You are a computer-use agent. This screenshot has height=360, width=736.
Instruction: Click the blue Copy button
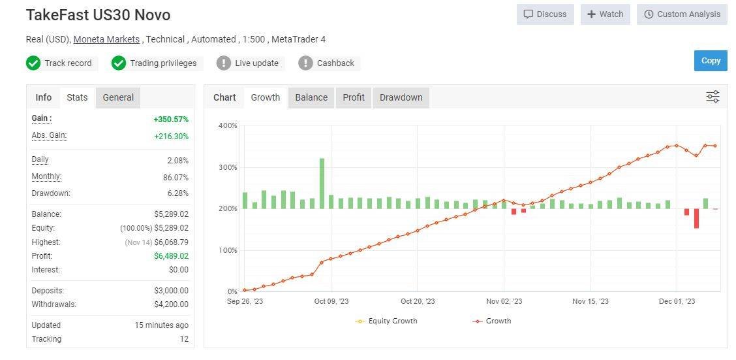711,61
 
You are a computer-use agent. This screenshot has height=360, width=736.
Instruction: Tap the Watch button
605,14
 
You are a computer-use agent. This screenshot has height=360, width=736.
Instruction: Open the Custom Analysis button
682,14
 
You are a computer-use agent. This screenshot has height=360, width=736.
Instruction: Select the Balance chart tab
311,97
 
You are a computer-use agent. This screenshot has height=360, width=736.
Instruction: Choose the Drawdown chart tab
401,97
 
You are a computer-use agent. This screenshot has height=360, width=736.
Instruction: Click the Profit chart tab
354,97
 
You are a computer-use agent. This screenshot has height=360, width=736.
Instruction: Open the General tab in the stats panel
118,97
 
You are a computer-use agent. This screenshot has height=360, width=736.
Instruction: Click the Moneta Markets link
106,39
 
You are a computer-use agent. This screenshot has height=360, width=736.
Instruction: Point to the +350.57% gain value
171,120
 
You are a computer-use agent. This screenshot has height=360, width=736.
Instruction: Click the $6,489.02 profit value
171,256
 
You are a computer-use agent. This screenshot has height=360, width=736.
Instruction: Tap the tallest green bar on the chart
322,183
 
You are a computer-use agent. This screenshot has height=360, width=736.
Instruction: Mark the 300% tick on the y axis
228,167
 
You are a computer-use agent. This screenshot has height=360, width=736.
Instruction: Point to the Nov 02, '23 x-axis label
504,301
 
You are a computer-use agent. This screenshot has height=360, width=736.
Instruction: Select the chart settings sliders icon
713,97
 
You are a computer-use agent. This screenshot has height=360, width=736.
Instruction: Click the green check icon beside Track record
33,63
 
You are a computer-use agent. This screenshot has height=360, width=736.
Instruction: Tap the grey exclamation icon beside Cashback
305,63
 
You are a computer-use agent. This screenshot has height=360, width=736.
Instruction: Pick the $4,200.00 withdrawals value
171,304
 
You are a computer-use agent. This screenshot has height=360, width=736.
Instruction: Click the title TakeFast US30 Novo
98,14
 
